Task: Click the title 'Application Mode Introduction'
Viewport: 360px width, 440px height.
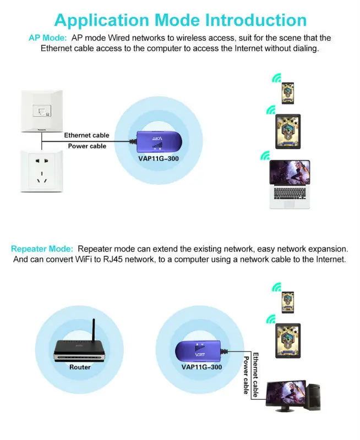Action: tap(180, 20)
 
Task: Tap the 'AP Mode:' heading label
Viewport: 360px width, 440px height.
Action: tap(47, 38)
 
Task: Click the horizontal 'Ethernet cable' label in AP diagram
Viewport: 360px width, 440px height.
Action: tap(86, 135)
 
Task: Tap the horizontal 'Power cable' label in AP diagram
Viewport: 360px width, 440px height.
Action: tap(87, 146)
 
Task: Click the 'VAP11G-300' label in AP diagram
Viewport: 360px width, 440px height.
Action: tap(159, 158)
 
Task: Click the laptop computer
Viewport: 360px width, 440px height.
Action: tap(288, 184)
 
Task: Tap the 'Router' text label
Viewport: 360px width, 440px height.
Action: tap(80, 367)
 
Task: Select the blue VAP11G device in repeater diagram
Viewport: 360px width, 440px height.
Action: tap(198, 350)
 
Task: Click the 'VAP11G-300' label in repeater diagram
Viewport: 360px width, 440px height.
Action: tap(201, 367)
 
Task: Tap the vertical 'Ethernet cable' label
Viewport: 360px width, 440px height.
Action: tap(255, 375)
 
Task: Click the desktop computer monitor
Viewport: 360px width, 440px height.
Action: tap(286, 394)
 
